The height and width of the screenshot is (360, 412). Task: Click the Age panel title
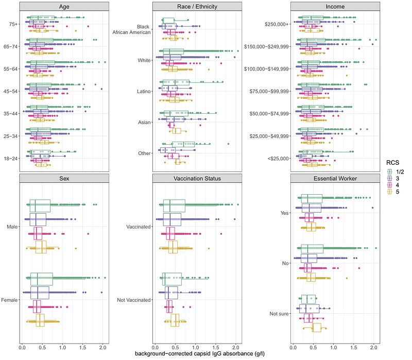(64, 6)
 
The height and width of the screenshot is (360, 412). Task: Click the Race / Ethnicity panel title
(198, 6)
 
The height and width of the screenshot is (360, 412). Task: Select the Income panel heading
(335, 6)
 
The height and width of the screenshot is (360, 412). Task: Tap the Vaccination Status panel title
(198, 178)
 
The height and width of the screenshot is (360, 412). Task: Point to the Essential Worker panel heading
(335, 178)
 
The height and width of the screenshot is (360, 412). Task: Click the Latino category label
(142, 91)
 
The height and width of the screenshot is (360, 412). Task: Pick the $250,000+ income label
(276, 24)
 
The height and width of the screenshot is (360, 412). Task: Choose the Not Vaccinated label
(134, 300)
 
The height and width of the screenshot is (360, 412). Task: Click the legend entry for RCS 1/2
(394, 171)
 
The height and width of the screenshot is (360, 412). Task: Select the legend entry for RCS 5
(394, 191)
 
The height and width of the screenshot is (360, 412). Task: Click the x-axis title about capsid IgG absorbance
(198, 354)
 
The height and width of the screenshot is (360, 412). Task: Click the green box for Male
(40, 205)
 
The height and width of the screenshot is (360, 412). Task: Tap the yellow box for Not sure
(317, 328)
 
